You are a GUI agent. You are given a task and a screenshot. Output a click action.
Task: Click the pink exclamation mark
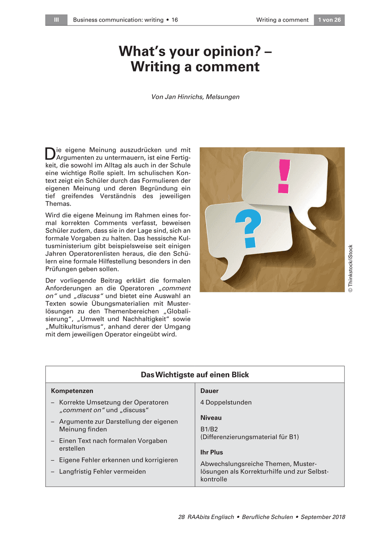point(284,176)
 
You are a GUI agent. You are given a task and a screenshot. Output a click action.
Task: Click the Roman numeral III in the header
point(56,20)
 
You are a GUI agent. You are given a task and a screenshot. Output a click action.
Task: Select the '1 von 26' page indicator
point(329,20)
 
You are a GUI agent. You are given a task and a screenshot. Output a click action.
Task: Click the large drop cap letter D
point(50,154)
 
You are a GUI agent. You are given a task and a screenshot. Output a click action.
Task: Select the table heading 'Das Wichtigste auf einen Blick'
point(195,375)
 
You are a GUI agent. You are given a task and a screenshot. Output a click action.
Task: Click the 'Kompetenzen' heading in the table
point(72,391)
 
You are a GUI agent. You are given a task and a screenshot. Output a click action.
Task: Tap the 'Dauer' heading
point(209,391)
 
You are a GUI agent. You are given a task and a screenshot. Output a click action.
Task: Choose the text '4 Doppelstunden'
point(226,402)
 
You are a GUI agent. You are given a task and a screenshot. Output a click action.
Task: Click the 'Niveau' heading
point(211,418)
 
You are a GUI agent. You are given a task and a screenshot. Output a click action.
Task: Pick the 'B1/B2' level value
point(209,429)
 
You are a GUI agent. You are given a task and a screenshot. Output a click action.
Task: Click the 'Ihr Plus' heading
point(212,452)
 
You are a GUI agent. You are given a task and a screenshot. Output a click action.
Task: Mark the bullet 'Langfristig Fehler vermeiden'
point(102,472)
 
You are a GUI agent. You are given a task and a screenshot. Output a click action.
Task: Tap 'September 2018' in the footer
point(323,517)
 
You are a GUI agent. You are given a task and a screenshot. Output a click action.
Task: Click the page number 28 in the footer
point(182,517)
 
